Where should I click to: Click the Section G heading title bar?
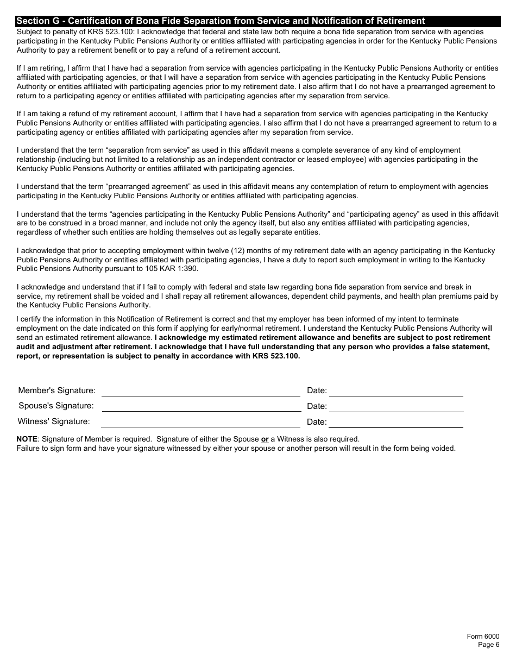pos(221,21)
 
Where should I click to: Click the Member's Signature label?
pos(56,390)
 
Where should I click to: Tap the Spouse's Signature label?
pos(56,406)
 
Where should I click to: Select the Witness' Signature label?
pos(54,421)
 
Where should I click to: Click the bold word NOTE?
pos(27,439)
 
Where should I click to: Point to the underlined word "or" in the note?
pos(265,439)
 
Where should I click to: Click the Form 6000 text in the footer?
pos(483,637)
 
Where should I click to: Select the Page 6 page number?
pos(488,645)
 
